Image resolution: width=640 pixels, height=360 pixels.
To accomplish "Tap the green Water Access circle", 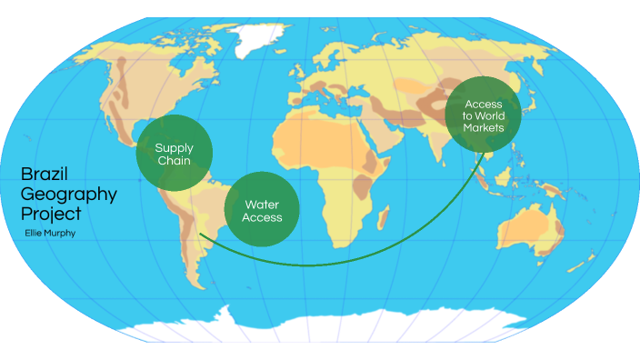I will (x=262, y=209).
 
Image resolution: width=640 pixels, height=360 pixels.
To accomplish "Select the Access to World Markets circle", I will (x=483, y=115).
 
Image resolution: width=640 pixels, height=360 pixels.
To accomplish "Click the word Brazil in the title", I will (x=45, y=175).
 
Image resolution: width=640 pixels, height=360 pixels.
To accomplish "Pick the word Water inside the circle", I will (x=261, y=205).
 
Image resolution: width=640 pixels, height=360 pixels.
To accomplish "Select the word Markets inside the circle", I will (x=483, y=126).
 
